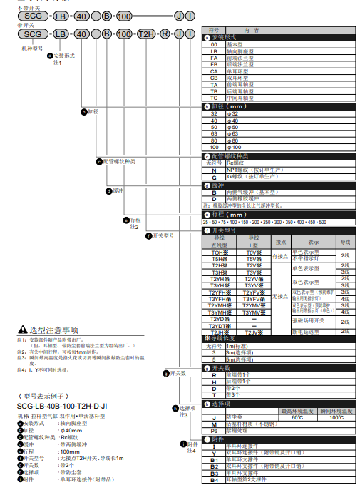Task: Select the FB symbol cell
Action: [214, 64]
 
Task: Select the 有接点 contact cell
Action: [281, 256]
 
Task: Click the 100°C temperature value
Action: [336, 417]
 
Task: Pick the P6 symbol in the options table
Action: [213, 430]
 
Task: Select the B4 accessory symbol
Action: [213, 479]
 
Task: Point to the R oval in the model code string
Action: [165, 34]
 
